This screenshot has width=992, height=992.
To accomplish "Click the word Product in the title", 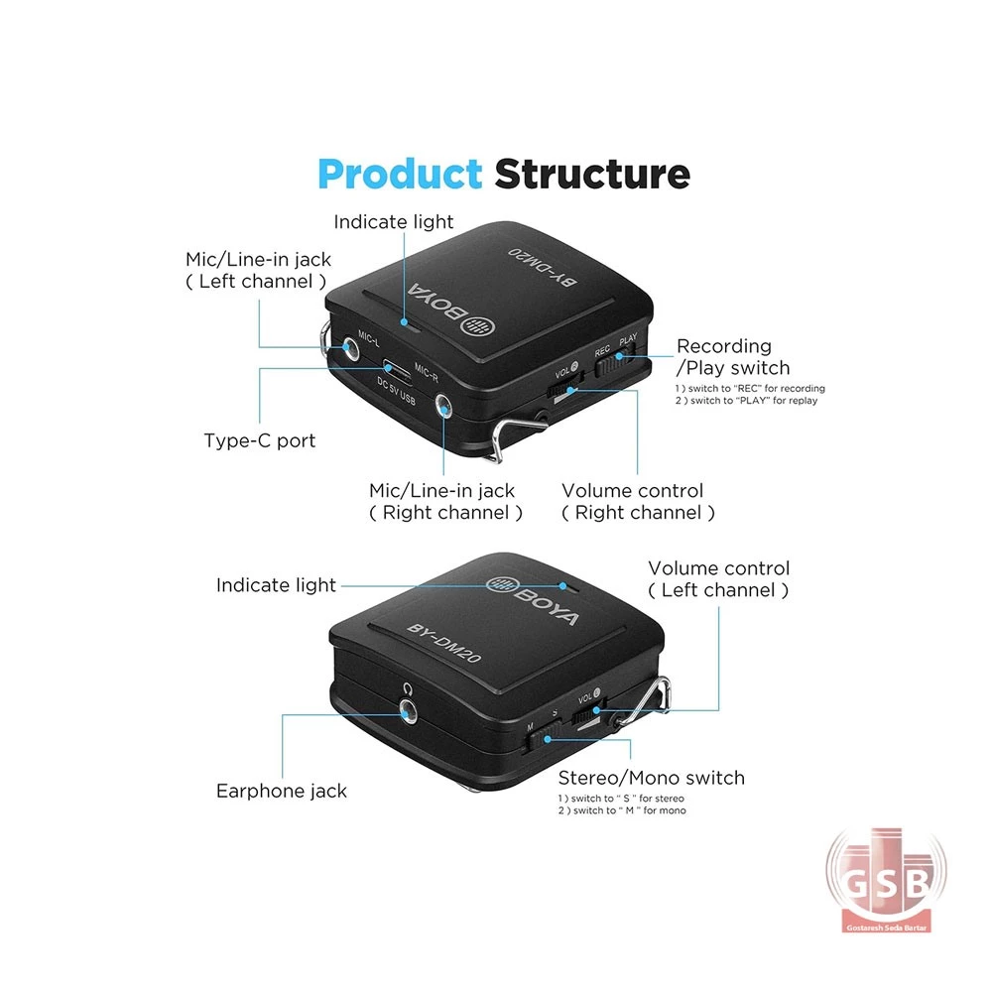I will (x=399, y=175).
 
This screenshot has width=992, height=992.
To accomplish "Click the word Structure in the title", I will (x=592, y=175).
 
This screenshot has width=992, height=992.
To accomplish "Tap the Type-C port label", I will (x=259, y=440).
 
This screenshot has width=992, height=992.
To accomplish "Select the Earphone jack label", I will (x=282, y=791).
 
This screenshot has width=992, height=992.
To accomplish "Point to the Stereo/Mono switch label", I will (x=651, y=778).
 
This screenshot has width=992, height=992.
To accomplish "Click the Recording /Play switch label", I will (x=732, y=357).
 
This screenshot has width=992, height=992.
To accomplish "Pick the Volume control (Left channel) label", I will (x=718, y=579).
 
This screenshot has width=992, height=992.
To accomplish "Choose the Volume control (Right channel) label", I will (x=637, y=502).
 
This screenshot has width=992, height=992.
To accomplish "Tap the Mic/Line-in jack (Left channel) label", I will (x=258, y=270).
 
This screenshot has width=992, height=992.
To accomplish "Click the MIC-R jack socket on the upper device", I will (x=441, y=408).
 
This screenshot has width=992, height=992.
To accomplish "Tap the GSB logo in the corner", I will (x=887, y=880).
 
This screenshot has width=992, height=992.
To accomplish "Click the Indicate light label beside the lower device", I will (x=276, y=585).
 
